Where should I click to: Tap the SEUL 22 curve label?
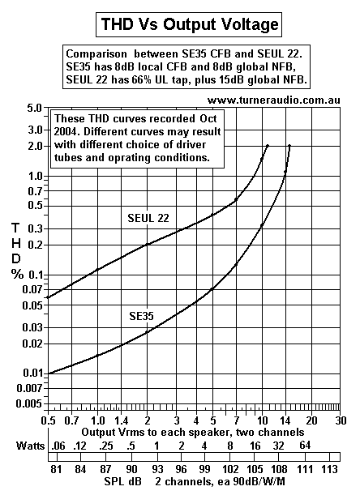148,218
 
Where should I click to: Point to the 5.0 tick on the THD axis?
33,108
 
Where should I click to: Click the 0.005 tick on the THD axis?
30,403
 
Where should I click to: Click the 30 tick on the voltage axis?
341,421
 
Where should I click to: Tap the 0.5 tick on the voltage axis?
49,421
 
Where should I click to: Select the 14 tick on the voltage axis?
285,421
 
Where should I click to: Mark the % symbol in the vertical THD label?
15,274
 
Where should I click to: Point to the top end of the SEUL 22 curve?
268,146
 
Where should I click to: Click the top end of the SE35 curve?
289,146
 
